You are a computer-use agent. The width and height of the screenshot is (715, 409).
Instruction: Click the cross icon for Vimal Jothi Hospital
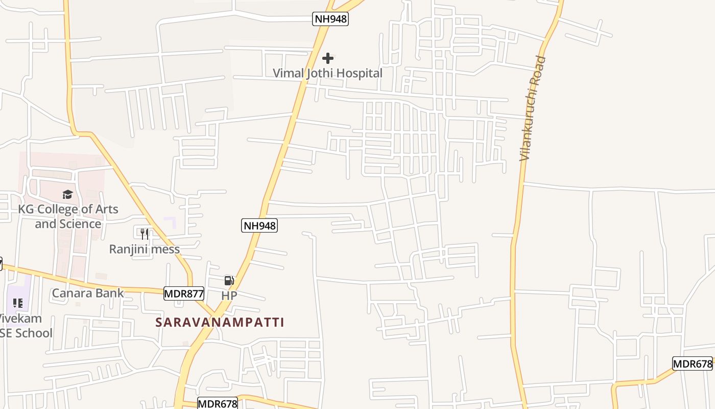coord(328,58)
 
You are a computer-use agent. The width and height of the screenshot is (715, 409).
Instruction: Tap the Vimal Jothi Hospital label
coord(327,73)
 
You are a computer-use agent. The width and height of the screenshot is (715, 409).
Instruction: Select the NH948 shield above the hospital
coord(330,19)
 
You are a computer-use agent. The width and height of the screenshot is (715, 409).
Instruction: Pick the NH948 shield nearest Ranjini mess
coord(259,225)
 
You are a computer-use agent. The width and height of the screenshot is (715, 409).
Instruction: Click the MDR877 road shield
coord(184,293)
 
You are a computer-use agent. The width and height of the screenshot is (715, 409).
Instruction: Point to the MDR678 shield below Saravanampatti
coord(218,403)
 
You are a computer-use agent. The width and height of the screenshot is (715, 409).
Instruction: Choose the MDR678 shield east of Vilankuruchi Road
coord(692,364)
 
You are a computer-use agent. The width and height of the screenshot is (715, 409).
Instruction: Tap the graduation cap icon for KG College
coord(67,194)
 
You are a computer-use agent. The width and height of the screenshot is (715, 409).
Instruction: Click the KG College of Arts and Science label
coord(68,216)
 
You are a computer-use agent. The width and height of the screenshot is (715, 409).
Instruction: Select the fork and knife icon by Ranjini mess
coord(145,234)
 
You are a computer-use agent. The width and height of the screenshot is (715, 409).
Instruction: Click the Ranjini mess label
coord(145,249)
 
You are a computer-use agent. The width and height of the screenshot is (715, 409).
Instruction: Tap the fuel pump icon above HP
coord(229,280)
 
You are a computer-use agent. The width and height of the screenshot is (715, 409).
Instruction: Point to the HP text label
coord(229,296)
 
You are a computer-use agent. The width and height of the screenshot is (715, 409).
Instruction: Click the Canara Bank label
coord(88,293)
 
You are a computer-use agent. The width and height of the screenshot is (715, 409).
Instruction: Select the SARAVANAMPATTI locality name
coord(220,322)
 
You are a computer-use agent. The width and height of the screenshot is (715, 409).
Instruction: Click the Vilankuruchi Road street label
coord(533,108)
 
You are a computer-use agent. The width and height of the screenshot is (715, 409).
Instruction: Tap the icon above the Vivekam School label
coord(18,303)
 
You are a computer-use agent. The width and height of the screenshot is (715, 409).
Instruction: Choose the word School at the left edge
coord(33,333)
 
